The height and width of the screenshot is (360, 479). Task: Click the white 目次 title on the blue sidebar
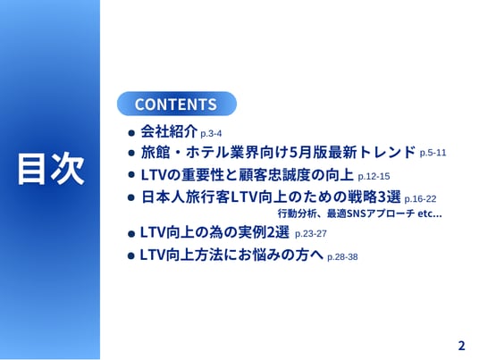point(51,169)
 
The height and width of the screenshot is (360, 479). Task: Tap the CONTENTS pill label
point(176,105)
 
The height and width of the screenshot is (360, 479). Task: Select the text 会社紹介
point(169,131)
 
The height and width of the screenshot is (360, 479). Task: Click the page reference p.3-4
point(211,134)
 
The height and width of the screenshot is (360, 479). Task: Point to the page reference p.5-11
point(433,153)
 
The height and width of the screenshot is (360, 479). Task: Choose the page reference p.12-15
point(374,177)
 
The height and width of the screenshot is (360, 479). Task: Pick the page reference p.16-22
point(420,199)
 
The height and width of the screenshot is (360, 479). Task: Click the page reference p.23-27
point(311,234)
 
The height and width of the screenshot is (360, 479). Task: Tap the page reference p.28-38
point(342,257)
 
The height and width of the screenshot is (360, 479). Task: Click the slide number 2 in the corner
point(462,346)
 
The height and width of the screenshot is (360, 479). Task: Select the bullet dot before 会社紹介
point(131,133)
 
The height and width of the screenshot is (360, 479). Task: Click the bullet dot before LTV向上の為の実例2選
point(131,234)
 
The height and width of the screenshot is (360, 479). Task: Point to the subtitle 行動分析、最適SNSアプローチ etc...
point(360,213)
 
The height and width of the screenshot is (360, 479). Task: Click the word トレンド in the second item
point(387,152)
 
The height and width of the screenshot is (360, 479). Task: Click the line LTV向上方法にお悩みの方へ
point(231,255)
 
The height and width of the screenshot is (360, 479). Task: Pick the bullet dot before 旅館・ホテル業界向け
point(131,153)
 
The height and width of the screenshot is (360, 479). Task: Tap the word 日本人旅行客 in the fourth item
point(186,197)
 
